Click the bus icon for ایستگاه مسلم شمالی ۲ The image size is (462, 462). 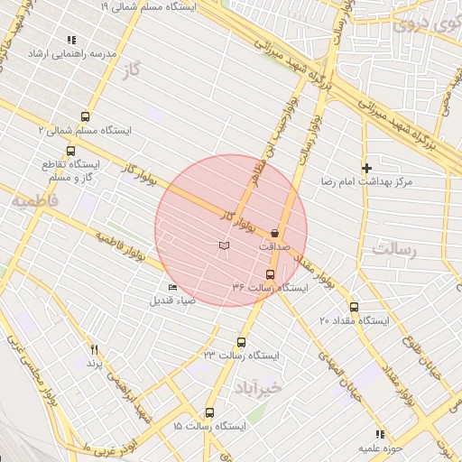click(86, 116)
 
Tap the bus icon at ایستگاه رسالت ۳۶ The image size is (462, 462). click(270, 274)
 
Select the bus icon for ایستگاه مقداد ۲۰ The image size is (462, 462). click(353, 307)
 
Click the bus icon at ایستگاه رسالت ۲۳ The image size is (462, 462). click(241, 342)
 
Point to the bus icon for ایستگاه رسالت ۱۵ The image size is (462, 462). click(210, 411)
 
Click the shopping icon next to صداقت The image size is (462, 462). click(273, 233)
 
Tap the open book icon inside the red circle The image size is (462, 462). click(225, 245)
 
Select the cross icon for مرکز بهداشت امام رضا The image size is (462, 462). click(366, 168)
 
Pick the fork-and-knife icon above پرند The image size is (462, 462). click(93, 349)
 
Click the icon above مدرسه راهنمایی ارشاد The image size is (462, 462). click(71, 40)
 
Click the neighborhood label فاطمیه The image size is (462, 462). click(34, 200)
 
